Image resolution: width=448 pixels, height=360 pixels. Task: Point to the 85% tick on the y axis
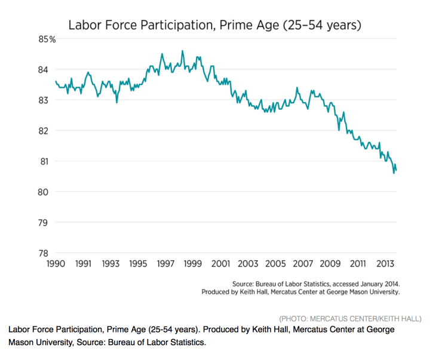48,39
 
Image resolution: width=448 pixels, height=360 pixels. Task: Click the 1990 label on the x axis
56,264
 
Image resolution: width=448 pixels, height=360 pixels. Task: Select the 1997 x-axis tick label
165,264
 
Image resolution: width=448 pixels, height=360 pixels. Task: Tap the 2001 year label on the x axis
220,264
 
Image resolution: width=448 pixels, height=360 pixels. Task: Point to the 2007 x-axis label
303,264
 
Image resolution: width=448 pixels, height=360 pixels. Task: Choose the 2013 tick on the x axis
385,264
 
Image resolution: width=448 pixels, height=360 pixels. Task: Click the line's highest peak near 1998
183,51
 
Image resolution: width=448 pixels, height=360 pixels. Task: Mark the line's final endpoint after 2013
396,171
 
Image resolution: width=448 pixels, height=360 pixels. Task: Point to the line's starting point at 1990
56,81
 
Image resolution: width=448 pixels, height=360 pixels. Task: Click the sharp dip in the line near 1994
117,103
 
